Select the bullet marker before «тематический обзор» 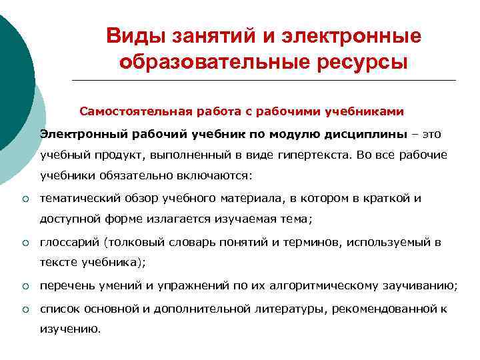pos(24,199)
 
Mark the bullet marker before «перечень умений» pos(24,287)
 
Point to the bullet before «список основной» pos(24,309)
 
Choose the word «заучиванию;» pos(419,287)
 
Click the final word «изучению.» pos(70,329)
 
